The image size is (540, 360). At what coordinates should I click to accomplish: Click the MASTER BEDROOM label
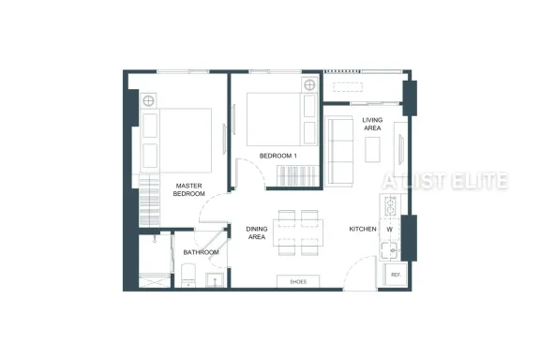(188, 189)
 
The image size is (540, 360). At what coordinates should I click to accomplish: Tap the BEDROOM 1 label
(277, 156)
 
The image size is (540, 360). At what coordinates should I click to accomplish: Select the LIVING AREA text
(372, 124)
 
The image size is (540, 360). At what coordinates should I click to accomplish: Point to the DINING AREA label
(257, 232)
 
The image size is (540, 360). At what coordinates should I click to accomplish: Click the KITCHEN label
(363, 229)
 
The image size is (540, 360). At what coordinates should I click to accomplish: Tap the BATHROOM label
(202, 252)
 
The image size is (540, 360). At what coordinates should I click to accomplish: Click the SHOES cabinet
(298, 281)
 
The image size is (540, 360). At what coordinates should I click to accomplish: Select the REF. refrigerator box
(395, 275)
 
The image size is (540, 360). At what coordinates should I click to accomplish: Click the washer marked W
(389, 229)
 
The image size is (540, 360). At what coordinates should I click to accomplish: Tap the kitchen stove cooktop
(390, 206)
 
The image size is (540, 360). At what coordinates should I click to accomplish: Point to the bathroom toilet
(188, 276)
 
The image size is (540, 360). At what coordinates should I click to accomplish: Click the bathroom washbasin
(215, 280)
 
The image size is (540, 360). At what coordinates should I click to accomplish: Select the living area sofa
(339, 151)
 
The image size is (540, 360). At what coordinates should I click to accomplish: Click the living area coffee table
(372, 149)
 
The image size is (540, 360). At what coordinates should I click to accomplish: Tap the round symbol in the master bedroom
(148, 101)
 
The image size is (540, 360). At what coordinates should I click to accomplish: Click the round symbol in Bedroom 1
(309, 84)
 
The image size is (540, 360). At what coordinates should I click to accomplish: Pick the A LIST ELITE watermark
(445, 181)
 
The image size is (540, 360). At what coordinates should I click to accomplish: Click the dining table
(298, 232)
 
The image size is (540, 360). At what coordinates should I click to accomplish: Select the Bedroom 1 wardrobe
(298, 176)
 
